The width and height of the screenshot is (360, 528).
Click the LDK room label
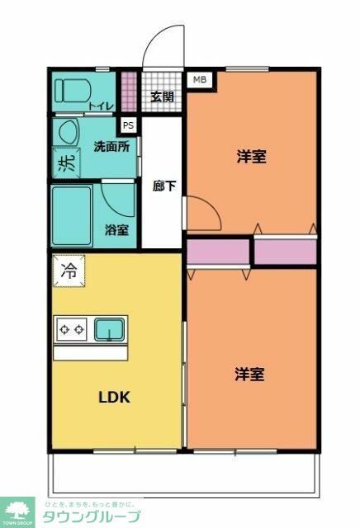pyautogui.click(x=116, y=396)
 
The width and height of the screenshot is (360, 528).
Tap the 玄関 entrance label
pyautogui.click(x=162, y=97)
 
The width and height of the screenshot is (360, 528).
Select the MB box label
pyautogui.click(x=199, y=80)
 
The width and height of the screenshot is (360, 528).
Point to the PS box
pyautogui.click(x=128, y=125)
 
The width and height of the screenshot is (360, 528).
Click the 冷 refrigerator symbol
pyautogui.click(x=69, y=270)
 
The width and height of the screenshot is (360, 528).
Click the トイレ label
pyautogui.click(x=102, y=106)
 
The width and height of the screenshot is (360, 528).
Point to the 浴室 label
pyautogui.click(x=116, y=230)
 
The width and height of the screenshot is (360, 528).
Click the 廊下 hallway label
pyautogui.click(x=163, y=186)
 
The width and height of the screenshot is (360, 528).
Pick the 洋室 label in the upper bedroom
pyautogui.click(x=251, y=156)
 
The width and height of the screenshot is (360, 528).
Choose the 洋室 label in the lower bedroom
pyautogui.click(x=250, y=375)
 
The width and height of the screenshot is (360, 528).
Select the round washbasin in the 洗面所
pyautogui.click(x=68, y=132)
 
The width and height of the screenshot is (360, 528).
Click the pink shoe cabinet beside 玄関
pyautogui.click(x=129, y=92)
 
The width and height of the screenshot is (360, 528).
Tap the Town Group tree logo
pyautogui.click(x=17, y=511)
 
